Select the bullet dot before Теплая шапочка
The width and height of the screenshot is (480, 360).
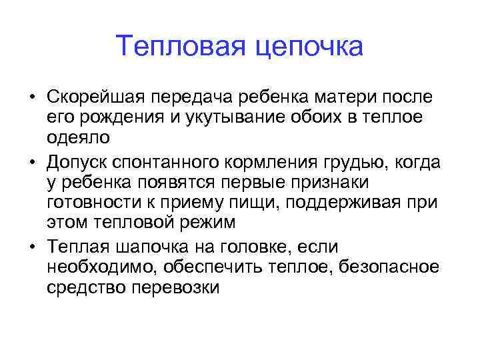point(32,248)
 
